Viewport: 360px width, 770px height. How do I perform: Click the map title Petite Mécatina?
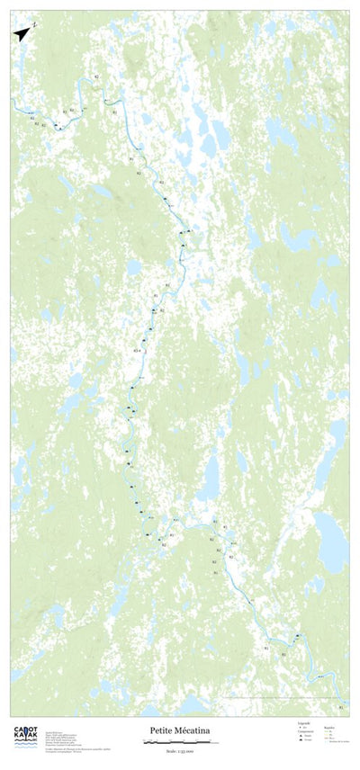click(180, 732)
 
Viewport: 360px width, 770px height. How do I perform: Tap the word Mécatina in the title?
click(194, 732)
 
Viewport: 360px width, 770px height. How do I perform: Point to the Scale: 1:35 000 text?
click(180, 750)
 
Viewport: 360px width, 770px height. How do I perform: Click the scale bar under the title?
click(180, 742)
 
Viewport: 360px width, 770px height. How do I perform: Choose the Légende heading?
click(303, 722)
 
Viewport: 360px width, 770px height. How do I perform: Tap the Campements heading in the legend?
click(307, 730)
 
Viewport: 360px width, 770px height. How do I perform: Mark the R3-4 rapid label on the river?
click(136, 349)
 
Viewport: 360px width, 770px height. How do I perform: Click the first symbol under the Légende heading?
click(301, 726)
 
